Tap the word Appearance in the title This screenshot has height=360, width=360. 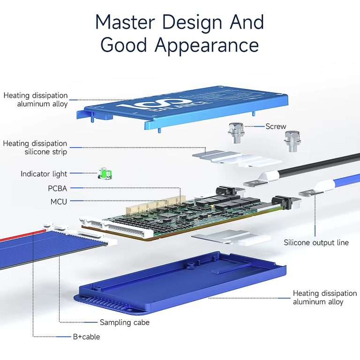[x=207, y=45]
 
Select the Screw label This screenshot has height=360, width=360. [x=276, y=127]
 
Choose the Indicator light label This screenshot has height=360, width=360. [x=44, y=174]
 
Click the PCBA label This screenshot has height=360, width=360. [x=58, y=188]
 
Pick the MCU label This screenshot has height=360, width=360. [x=59, y=202]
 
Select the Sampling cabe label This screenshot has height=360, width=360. [x=125, y=322]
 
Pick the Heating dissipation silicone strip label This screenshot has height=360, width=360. [x=35, y=148]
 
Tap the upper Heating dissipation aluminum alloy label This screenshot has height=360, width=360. [x=36, y=99]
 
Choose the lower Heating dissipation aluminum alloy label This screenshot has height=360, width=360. [x=324, y=297]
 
